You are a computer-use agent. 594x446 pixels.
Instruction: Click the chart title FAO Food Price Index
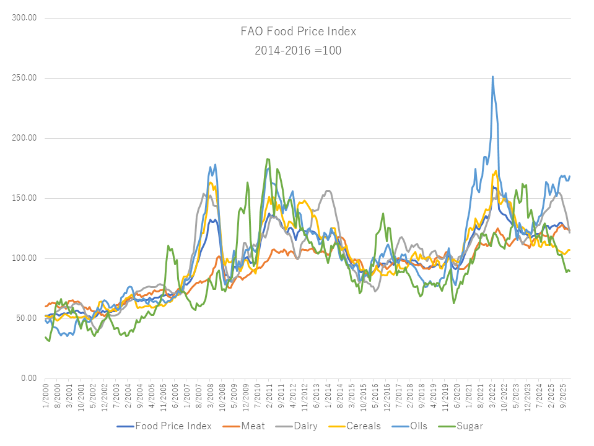(x=298, y=31)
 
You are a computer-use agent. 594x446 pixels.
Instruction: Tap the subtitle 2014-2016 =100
(x=298, y=50)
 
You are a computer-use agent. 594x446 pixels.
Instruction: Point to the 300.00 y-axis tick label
(x=25, y=18)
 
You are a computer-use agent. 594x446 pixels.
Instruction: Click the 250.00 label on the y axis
(x=25, y=78)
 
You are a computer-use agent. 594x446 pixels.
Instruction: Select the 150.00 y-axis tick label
(x=25, y=198)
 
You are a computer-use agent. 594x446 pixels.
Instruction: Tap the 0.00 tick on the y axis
(x=28, y=378)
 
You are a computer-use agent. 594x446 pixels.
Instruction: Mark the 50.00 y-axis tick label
(x=27, y=318)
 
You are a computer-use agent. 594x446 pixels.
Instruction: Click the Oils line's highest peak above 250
(x=492, y=77)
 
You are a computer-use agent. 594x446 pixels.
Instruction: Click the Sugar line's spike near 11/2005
(x=168, y=246)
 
